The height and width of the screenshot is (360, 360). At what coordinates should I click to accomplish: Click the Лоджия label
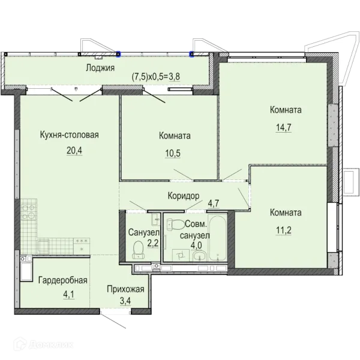click(100, 68)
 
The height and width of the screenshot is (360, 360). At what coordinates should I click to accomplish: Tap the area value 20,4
click(74, 151)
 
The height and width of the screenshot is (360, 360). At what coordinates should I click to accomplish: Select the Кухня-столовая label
click(70, 135)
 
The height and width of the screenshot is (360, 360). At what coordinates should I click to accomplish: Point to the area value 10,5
click(173, 153)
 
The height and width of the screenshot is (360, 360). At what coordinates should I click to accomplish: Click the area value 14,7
click(284, 127)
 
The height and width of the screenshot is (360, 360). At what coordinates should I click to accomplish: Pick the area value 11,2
click(284, 230)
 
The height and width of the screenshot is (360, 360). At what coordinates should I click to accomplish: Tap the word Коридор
click(184, 196)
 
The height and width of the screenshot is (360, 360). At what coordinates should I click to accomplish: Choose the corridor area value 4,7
click(214, 203)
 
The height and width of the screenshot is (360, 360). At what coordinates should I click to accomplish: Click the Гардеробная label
click(63, 280)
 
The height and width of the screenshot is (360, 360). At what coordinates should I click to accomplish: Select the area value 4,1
click(68, 295)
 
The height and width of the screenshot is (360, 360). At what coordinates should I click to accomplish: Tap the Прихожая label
click(125, 289)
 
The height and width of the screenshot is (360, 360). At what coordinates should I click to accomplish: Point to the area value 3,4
click(125, 301)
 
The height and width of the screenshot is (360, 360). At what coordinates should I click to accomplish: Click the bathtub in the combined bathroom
click(217, 238)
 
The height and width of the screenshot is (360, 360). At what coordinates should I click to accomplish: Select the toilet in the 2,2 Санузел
click(139, 250)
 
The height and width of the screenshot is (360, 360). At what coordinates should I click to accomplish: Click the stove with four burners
click(29, 211)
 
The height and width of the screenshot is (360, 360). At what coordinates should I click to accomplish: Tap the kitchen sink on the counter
click(43, 247)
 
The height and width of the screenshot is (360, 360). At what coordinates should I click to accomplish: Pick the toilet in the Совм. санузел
click(176, 225)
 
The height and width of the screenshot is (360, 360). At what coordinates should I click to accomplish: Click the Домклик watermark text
click(51, 345)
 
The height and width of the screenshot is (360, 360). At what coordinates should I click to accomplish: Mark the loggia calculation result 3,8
click(175, 77)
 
